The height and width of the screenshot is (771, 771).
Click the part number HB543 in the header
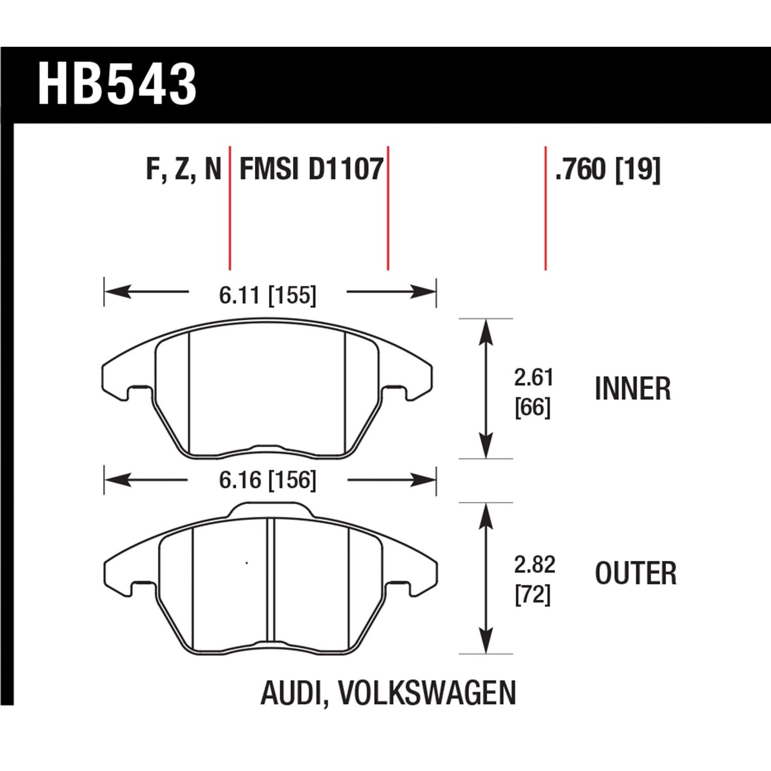pos(117,85)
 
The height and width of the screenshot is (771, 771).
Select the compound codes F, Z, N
pos(183,169)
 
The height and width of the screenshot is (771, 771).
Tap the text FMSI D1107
pos(311,169)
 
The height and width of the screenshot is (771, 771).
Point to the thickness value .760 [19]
pos(608,169)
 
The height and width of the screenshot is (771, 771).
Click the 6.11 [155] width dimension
pos(267,296)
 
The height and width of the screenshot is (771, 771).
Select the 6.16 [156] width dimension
pos(267,481)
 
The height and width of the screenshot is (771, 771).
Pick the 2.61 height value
pos(534,378)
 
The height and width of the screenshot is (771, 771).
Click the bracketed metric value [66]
pos(533,408)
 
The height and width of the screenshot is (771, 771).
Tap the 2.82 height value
pos(535,565)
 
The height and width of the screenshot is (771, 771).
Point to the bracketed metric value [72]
pos(533,595)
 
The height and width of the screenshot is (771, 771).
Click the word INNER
pos(633,389)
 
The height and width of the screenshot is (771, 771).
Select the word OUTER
pos(636,574)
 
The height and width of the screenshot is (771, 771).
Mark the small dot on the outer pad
pos(247,563)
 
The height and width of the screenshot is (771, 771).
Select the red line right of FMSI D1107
pos(388,208)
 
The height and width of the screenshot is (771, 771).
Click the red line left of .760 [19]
pos(545,208)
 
